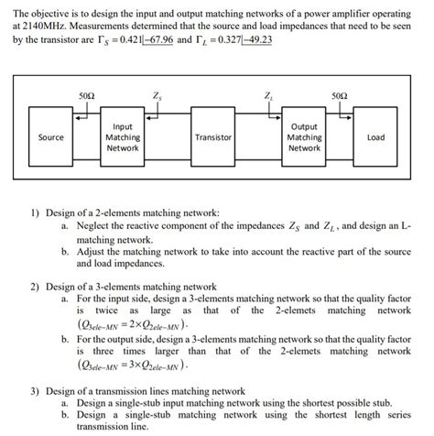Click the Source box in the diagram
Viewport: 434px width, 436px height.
(51, 137)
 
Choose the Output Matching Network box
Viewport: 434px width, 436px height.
(304, 137)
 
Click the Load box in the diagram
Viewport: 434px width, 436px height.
(375, 137)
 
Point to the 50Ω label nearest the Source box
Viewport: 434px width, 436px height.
(87, 95)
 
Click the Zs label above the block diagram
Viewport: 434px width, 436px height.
(158, 95)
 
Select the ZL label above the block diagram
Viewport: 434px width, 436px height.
(267, 95)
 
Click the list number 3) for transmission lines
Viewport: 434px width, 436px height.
(34, 389)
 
